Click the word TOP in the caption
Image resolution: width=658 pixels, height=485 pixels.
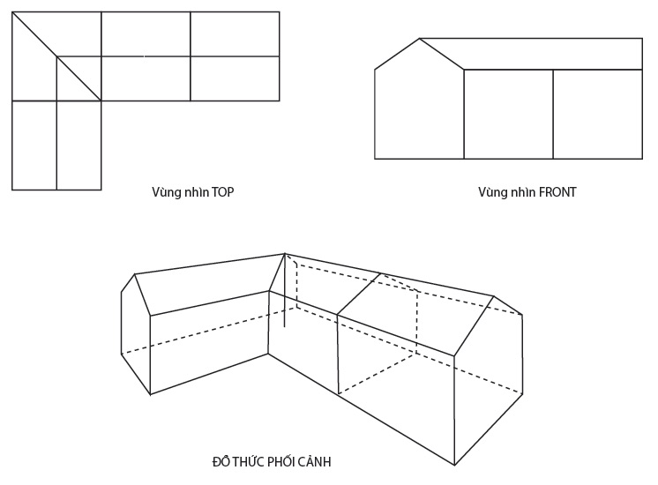coord(223,192)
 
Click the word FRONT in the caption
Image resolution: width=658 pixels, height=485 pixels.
coord(557,192)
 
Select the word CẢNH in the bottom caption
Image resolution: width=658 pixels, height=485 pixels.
coord(316,462)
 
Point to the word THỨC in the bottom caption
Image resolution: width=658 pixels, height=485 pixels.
coord(248,461)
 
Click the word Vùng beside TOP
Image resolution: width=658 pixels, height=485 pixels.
coord(163,192)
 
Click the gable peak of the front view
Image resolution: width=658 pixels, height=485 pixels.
coord(420,39)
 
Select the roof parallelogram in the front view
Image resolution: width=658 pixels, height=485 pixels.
coord(531,54)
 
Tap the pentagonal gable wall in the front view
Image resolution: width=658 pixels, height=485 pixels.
coord(419,105)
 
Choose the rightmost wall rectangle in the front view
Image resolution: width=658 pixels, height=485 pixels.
coord(598,114)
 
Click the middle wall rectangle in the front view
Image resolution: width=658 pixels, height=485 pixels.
coord(509,114)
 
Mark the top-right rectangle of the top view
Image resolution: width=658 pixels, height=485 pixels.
coord(235,34)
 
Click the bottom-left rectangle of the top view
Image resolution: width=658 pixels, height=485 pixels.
coord(34,145)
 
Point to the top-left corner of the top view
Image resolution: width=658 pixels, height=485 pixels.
coord(12,12)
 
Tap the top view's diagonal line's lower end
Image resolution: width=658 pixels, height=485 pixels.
coord(101,101)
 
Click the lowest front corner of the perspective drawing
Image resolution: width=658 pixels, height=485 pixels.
coord(454,465)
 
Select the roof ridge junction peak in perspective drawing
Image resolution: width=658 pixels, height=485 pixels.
coord(285,253)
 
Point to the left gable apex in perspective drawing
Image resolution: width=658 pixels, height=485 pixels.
coord(135,274)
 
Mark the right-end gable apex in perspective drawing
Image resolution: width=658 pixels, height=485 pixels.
coord(494,296)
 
